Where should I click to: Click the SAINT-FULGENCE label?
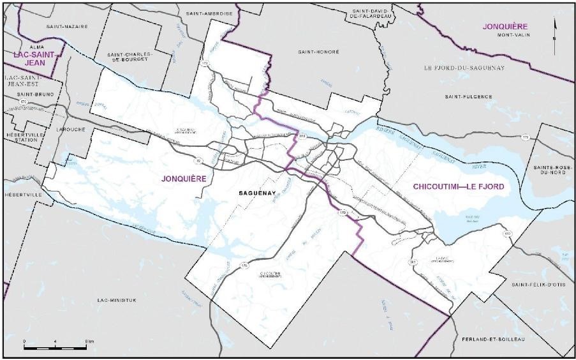pyautogui.click(x=469, y=96)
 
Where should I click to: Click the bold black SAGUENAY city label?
pyautogui.click(x=257, y=192)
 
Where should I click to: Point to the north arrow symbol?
pyautogui.click(x=554, y=29)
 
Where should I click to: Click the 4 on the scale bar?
pyautogui.click(x=56, y=341)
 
